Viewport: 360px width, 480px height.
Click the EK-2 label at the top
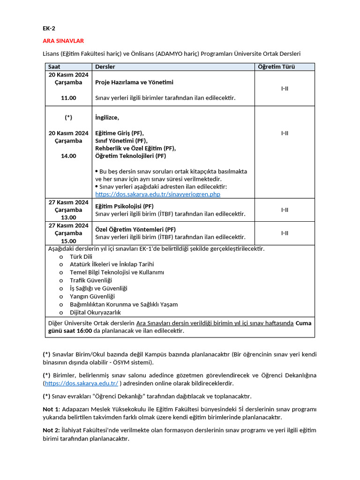[49, 28]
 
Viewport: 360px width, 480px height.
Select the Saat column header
[55, 67]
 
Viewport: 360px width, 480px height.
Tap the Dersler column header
[105, 67]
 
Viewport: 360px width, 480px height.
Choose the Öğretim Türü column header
[277, 67]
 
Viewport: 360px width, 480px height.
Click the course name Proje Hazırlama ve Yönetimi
[134, 82]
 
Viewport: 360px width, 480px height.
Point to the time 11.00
[68, 98]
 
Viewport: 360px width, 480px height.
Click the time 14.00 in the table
[68, 156]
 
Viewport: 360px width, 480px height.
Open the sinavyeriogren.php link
[157, 194]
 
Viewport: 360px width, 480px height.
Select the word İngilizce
[107, 118]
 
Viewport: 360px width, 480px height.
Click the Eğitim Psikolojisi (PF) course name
[124, 206]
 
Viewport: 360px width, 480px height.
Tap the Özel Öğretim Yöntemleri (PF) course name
[135, 230]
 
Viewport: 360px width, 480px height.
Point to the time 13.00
[68, 217]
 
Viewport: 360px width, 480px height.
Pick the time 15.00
[68, 241]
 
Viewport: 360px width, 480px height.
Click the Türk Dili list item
[81, 256]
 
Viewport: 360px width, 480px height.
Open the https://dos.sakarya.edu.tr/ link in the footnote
[81, 383]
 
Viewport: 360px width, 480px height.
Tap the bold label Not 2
[52, 430]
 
